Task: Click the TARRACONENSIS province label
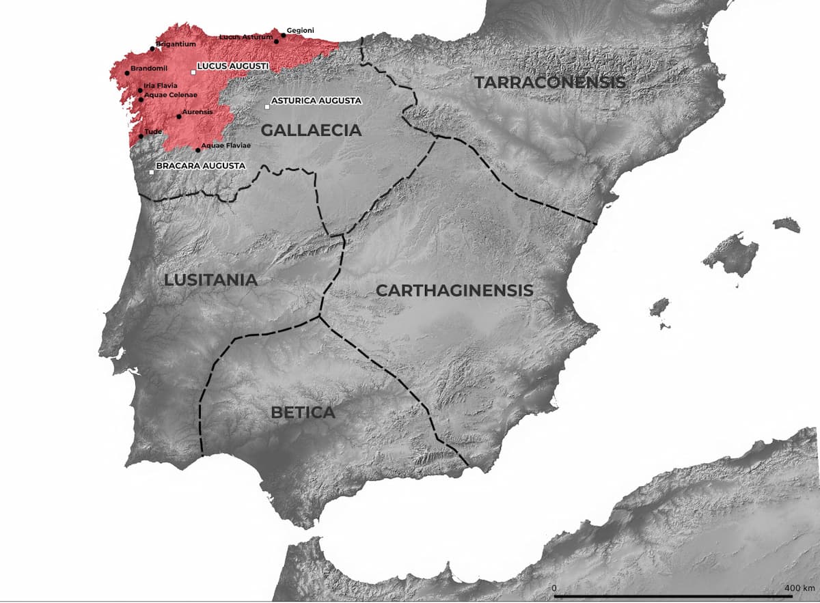coord(550,83)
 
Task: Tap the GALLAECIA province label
coord(312,130)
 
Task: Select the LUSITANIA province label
coord(210,280)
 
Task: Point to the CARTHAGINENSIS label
coord(454,290)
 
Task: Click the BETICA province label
coord(303,412)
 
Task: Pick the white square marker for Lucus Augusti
coord(193,72)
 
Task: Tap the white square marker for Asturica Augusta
coord(267,107)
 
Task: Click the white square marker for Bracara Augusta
coord(152,172)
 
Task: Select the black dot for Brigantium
coord(152,49)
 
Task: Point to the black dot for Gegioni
coord(284,36)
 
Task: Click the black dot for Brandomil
coord(127,73)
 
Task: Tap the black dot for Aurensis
coord(179,116)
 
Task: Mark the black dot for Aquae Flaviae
coord(198,150)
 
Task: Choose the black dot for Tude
coord(141,137)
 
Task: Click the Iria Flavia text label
coord(161,85)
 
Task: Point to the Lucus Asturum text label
coord(246,36)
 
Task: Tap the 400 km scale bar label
coord(799,588)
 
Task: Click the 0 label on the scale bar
coord(554,588)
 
